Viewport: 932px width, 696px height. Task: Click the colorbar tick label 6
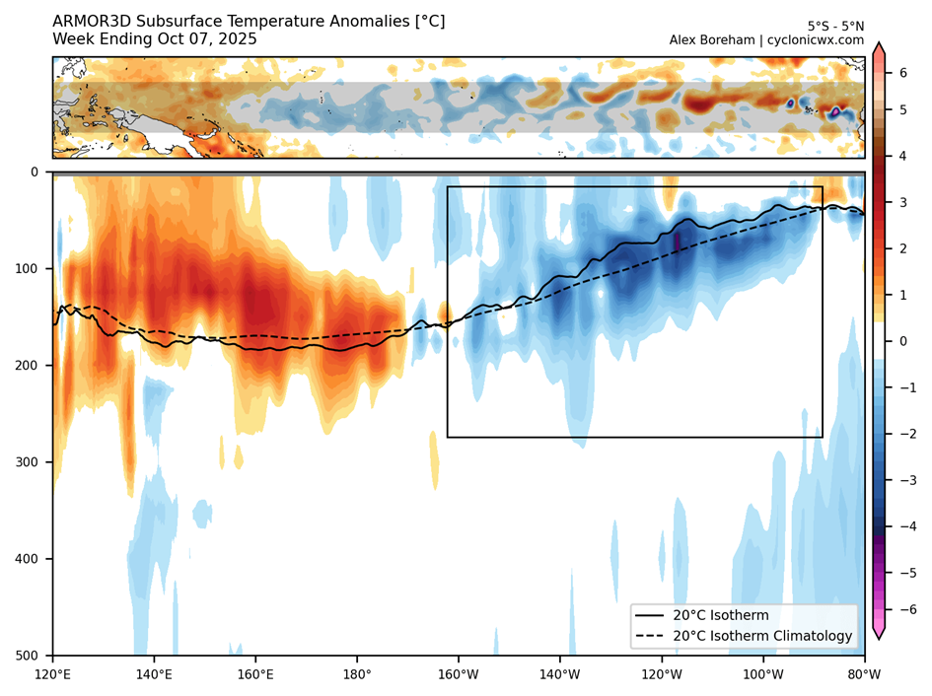pos(902,73)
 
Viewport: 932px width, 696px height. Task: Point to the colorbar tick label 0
pos(902,341)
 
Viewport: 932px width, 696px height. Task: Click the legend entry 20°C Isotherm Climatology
pos(762,636)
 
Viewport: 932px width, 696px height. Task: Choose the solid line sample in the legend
pos(650,616)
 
